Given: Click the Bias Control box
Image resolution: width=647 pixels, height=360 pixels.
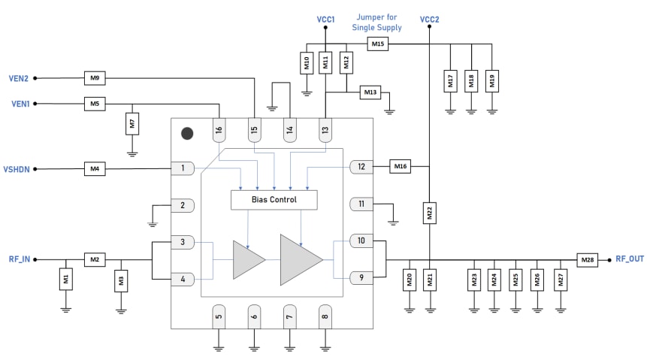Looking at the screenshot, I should (274, 200).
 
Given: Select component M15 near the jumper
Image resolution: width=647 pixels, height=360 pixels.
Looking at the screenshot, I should (377, 44).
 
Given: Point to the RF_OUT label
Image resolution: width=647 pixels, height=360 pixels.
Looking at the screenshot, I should (629, 259).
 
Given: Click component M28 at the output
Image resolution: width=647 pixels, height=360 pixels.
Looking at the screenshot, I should (588, 259).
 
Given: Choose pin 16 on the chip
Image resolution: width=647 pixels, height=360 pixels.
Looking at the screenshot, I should (219, 129).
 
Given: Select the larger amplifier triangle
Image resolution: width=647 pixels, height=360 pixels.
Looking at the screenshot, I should (299, 259).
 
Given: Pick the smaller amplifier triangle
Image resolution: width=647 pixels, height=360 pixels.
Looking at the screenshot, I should (247, 259).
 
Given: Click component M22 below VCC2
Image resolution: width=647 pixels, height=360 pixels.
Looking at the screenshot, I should (429, 213).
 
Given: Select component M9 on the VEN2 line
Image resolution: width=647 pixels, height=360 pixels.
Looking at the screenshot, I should (94, 77).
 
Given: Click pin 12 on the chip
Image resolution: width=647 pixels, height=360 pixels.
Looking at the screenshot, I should (361, 167).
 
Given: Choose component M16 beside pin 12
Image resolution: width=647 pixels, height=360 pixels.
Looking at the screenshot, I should (400, 167).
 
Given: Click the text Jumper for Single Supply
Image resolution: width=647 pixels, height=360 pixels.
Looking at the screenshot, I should (376, 23).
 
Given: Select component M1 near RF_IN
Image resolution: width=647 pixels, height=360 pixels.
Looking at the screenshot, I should (65, 280).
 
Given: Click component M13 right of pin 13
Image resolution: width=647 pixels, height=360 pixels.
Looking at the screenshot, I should (370, 92).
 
